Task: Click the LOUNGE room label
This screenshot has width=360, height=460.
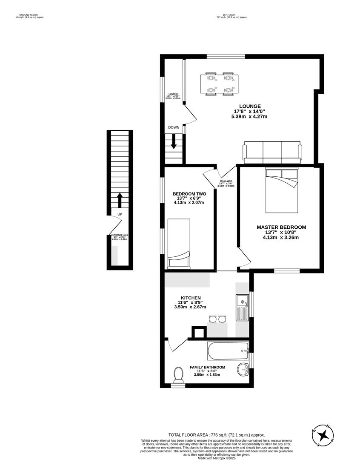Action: click(x=249, y=106)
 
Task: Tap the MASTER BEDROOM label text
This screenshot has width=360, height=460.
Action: click(x=281, y=227)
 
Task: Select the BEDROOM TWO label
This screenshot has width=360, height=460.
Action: click(x=189, y=194)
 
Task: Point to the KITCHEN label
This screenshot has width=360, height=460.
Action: click(x=191, y=298)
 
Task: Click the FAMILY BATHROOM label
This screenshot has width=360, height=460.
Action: click(x=207, y=367)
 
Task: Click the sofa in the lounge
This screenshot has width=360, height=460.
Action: click(x=272, y=152)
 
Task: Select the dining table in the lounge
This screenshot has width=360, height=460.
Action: click(x=219, y=84)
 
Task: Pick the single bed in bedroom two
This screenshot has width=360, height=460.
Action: click(x=178, y=244)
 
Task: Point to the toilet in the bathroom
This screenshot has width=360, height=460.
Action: click(x=178, y=375)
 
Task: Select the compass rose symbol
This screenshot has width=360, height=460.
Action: click(x=324, y=435)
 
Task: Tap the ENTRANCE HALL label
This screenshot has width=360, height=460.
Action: click(x=120, y=235)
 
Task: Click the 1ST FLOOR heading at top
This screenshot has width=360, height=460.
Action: click(x=232, y=15)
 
